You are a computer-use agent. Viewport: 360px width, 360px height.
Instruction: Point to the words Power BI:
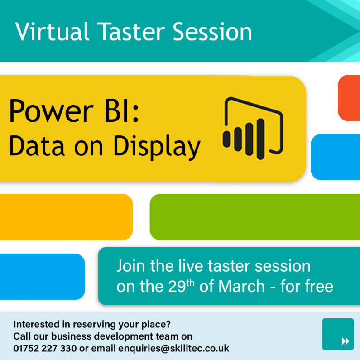click(75, 111)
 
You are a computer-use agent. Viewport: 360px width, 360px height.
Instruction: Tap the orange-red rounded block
click(349, 98)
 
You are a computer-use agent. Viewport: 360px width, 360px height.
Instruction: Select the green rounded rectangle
click(254, 217)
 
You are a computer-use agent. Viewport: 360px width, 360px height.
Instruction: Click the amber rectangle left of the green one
click(66, 217)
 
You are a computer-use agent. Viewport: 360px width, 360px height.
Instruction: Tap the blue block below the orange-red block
click(336, 157)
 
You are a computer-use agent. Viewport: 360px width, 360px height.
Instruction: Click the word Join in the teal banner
click(132, 266)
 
